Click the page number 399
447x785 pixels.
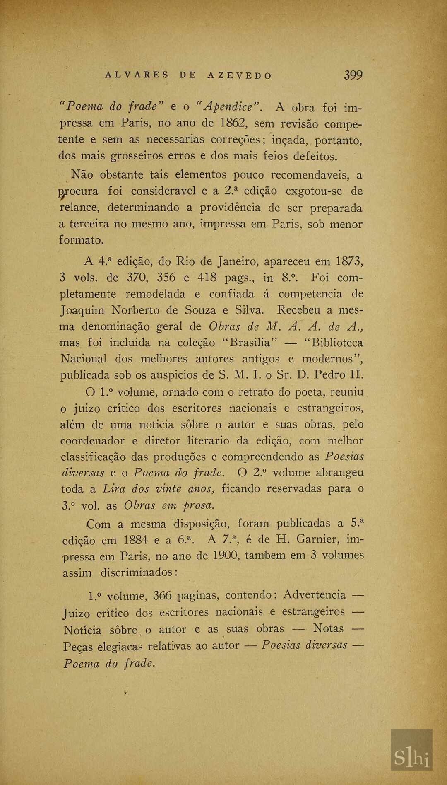(x=353, y=75)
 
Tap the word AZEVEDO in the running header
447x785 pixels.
(x=240, y=76)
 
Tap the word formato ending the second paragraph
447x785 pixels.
(x=80, y=240)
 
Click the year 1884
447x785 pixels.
(x=135, y=540)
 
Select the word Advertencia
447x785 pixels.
(x=315, y=595)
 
